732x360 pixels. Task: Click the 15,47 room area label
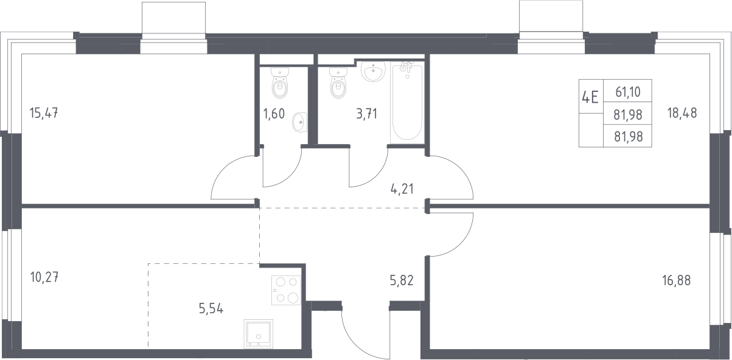coord(44,113)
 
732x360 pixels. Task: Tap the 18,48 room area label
coord(682,113)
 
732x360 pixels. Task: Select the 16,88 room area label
coord(676,280)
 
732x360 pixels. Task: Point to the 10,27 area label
coord(44,278)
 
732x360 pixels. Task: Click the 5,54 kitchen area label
coord(211,308)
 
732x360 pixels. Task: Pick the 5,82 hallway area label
coord(402,280)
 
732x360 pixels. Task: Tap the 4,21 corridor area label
coord(402,189)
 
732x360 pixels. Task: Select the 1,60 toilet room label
coord(274,114)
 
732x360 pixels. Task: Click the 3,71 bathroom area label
coord(367,114)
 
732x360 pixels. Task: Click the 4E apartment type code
coord(590,97)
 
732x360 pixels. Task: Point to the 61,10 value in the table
coord(628,92)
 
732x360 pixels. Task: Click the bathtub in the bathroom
coord(407,103)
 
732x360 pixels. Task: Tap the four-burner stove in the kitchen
coord(286,290)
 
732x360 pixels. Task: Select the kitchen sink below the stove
coord(258,333)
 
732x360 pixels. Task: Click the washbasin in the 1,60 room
coord(299,122)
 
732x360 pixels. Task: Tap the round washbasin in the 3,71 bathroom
coord(373,72)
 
